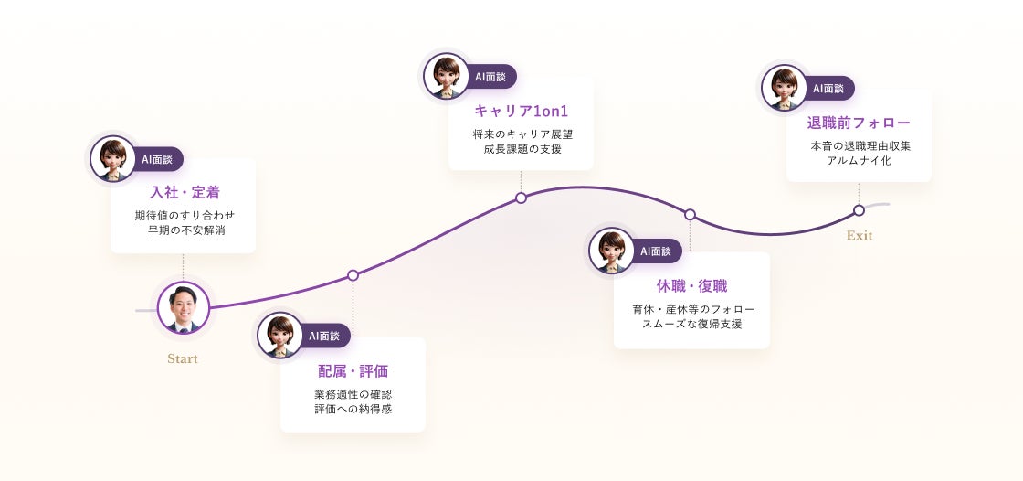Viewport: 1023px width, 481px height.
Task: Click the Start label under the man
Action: point(183,358)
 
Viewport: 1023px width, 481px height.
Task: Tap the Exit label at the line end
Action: point(860,236)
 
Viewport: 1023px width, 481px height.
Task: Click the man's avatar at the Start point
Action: point(184,307)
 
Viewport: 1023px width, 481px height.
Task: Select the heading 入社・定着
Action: point(185,193)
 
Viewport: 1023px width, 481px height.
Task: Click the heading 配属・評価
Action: point(353,371)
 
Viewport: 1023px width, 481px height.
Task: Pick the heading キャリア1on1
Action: point(521,112)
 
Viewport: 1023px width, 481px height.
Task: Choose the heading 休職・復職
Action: point(691,286)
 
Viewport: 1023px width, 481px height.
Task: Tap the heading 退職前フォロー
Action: point(859,123)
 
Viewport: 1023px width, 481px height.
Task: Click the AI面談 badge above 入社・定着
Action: point(157,159)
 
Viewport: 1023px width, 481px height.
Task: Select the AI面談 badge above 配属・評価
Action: point(323,336)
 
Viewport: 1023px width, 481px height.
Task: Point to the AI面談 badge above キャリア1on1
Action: point(490,77)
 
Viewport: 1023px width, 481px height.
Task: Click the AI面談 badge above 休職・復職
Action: point(655,251)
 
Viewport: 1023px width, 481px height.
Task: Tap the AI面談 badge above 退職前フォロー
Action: point(828,89)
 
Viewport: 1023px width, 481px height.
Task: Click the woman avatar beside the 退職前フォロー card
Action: point(784,88)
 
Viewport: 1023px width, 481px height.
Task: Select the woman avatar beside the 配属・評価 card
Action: point(279,335)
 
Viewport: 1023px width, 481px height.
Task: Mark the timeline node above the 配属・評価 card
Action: point(353,275)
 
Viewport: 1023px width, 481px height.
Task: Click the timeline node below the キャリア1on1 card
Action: point(521,198)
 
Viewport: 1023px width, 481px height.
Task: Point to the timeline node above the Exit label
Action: point(859,210)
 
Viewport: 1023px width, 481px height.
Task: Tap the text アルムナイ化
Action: point(859,160)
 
